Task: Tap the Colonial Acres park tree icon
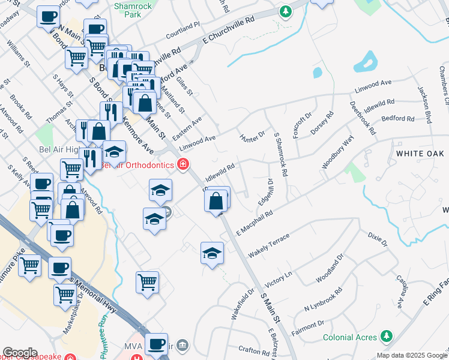[x=388, y=337]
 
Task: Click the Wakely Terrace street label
[x=270, y=245]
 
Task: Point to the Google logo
[x=20, y=353]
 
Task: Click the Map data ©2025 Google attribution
[x=412, y=355]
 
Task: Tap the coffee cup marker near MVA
[x=156, y=344]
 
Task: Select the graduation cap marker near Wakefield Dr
[x=212, y=253]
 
